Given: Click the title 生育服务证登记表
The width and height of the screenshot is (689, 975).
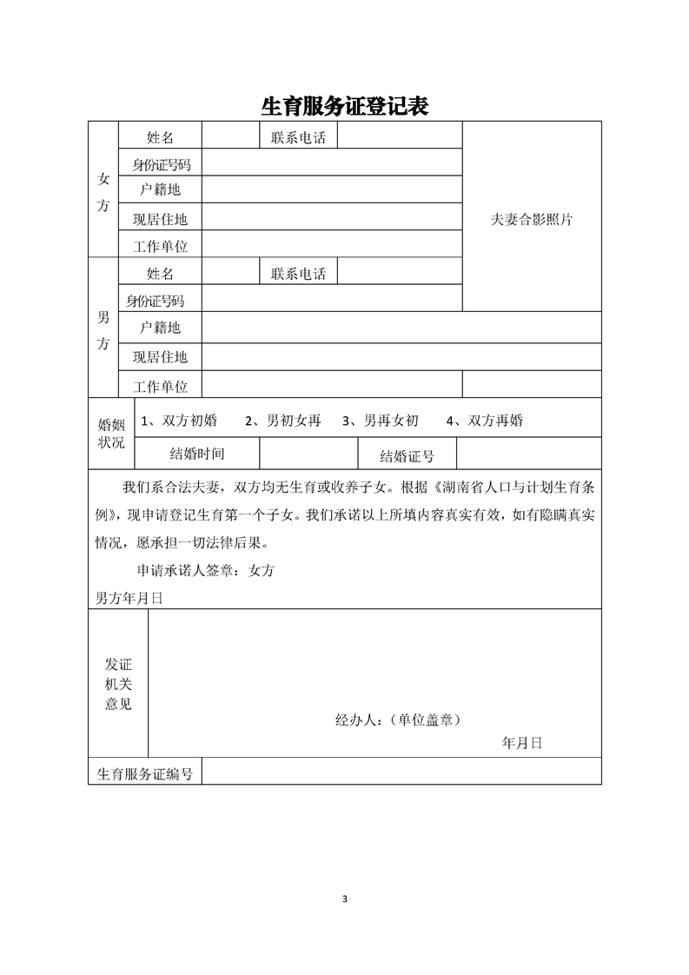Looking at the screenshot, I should (x=345, y=106).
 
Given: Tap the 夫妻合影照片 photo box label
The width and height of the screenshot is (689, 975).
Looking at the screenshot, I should (x=532, y=220).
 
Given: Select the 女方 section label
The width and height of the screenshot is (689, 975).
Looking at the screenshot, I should (x=103, y=192).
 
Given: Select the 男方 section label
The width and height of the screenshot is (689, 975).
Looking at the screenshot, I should (x=103, y=330).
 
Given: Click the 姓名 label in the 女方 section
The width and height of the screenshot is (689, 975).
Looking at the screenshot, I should (x=160, y=136).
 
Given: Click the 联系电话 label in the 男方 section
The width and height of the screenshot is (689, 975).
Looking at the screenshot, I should (x=298, y=274).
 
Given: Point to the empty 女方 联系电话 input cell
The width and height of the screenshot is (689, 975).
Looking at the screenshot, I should (x=400, y=136).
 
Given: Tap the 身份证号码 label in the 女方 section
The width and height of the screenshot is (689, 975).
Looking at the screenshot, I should (x=161, y=163).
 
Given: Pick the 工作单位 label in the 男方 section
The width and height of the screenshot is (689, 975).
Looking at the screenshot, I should (x=160, y=386).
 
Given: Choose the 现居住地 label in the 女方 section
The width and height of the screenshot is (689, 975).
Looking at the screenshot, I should (x=160, y=220).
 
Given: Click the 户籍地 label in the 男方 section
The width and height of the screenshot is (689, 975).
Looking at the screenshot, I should (x=160, y=328).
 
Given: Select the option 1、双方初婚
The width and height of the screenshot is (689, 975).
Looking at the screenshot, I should (x=179, y=421).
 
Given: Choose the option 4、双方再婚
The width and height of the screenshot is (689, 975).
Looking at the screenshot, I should (x=484, y=421).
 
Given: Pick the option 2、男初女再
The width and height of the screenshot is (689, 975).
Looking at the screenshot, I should (x=283, y=421).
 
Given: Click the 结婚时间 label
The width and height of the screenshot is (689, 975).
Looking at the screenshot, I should (x=197, y=453).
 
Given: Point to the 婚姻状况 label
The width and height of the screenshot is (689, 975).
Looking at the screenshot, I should (x=111, y=433).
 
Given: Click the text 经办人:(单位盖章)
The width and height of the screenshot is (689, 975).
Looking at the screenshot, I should (x=397, y=720).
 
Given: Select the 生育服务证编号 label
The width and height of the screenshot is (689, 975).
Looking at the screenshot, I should (x=145, y=773).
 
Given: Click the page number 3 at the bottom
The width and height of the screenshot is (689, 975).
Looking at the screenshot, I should (x=345, y=898).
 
